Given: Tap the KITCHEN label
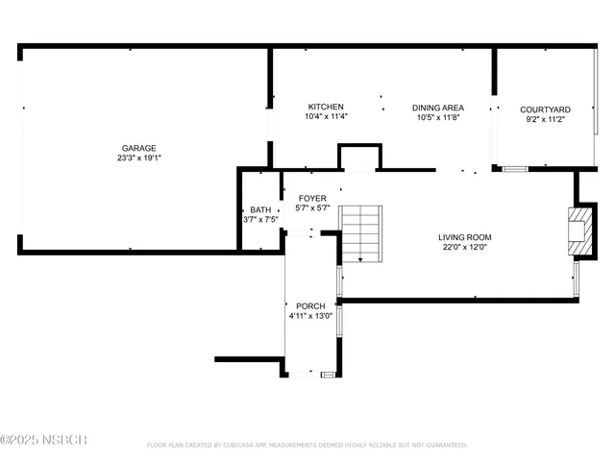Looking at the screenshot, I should tap(326, 107).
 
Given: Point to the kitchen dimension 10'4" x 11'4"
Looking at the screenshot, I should tap(326, 116).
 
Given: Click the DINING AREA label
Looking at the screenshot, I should tap(438, 108).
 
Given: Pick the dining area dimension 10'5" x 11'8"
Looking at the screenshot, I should tap(438, 117).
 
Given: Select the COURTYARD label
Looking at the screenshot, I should tap(545, 109).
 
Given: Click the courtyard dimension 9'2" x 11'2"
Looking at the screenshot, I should tap(545, 120).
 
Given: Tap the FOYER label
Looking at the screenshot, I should tap(312, 198).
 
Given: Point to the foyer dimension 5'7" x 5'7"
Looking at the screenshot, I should tap(312, 207).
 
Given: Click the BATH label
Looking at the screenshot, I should tap(260, 209).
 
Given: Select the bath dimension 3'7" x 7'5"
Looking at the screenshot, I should tap(260, 219).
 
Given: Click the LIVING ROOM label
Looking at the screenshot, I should tap(465, 237).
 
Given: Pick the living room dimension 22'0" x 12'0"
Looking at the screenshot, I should tap(465, 247).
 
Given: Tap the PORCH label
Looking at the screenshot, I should tap(309, 305).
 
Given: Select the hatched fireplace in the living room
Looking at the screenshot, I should tap(579, 231).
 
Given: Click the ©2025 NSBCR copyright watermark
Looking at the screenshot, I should tap(44, 440).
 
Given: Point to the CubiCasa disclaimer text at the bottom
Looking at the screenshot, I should tap(307, 445).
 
